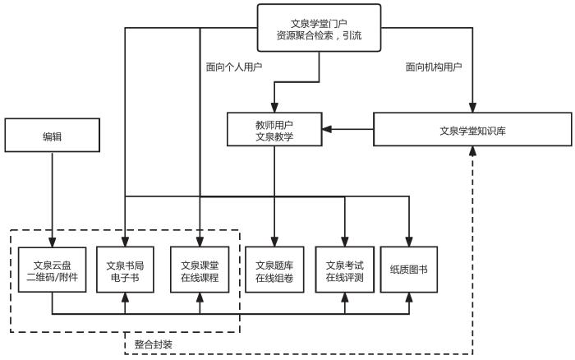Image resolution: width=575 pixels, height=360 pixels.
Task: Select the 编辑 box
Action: tap(52, 136)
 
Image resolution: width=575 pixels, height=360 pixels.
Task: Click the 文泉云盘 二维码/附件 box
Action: tap(52, 270)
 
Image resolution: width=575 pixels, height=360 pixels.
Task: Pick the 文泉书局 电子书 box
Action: tap(125, 270)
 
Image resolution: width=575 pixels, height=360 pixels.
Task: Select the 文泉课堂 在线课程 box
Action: tap(200, 270)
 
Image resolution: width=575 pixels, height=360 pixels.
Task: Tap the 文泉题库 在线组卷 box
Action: tap(274, 270)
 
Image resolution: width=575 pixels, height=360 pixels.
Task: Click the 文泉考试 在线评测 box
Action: tap(345, 270)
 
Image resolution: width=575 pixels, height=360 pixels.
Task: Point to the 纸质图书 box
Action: tap(409, 270)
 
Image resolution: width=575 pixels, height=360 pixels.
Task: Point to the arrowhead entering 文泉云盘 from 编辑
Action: tap(52, 241)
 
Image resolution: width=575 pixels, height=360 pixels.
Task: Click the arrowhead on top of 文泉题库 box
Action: tap(274, 241)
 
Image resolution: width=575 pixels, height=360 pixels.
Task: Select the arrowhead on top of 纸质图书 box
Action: tap(409, 241)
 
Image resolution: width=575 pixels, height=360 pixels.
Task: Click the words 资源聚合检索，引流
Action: tap(320, 36)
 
